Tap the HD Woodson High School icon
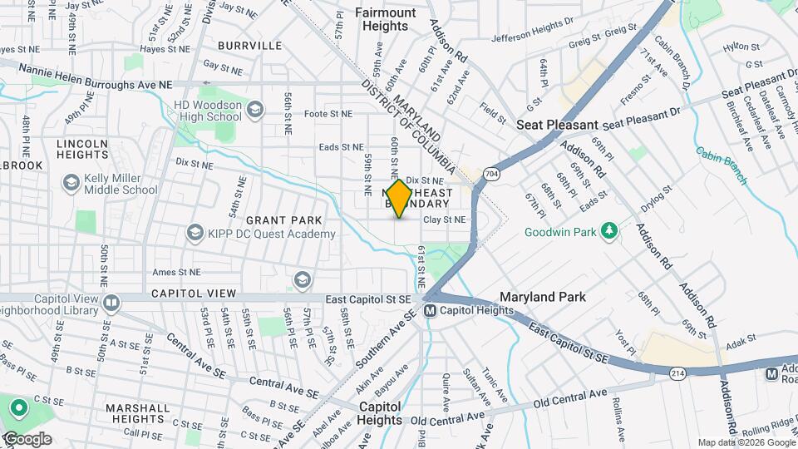pyautogui.click(x=255, y=109)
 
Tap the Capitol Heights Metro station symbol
pyautogui.click(x=430, y=311)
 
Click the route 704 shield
pyautogui.click(x=491, y=174)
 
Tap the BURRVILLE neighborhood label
pyautogui.click(x=249, y=46)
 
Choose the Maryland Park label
pyautogui.click(x=542, y=297)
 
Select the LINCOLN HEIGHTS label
pyautogui.click(x=82, y=150)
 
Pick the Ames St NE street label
pyautogui.click(x=176, y=272)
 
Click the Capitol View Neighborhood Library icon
pyautogui.click(x=111, y=300)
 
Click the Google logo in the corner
pyautogui.click(x=27, y=438)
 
